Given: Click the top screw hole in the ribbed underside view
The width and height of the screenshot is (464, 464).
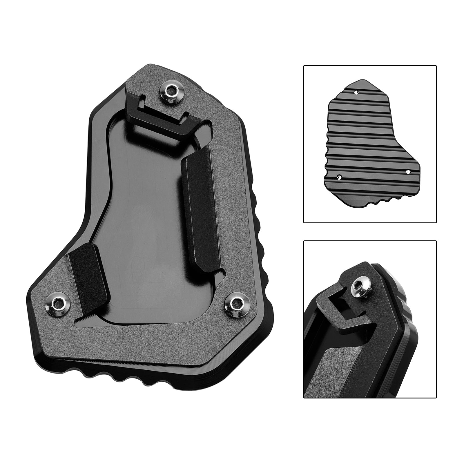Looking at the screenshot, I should pos(356,93).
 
